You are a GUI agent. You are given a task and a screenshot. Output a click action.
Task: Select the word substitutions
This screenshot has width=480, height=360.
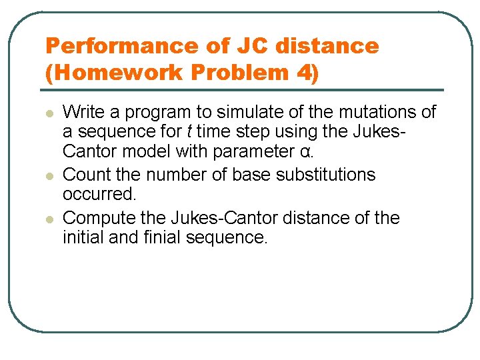[321, 175]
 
